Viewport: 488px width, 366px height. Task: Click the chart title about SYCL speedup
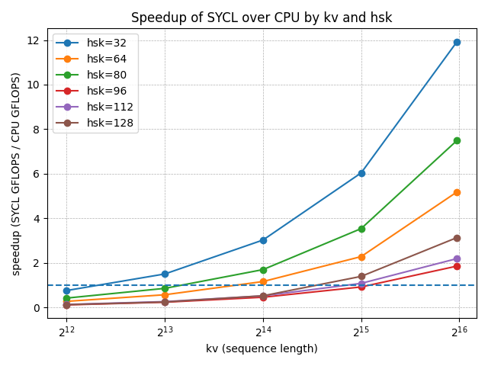pos(262,18)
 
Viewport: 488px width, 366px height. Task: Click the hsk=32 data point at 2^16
pos(457,42)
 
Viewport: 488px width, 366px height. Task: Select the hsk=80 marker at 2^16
pos(457,140)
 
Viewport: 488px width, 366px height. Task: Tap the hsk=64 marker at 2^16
pos(457,192)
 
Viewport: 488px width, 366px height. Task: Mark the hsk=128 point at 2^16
pos(457,238)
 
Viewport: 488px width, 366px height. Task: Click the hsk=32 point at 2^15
pos(361,173)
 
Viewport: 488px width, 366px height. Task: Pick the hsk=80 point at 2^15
pos(361,229)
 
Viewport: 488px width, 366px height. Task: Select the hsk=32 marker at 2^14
pos(263,240)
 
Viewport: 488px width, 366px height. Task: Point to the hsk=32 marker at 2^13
pos(165,274)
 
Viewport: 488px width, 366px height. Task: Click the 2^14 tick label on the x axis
pos(263,331)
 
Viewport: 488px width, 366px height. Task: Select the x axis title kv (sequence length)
pos(262,349)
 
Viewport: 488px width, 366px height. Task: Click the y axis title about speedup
pos(16,174)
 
